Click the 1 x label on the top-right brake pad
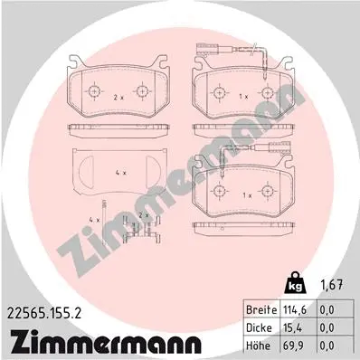pos(241,94)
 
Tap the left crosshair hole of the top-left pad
pos(97,91)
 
